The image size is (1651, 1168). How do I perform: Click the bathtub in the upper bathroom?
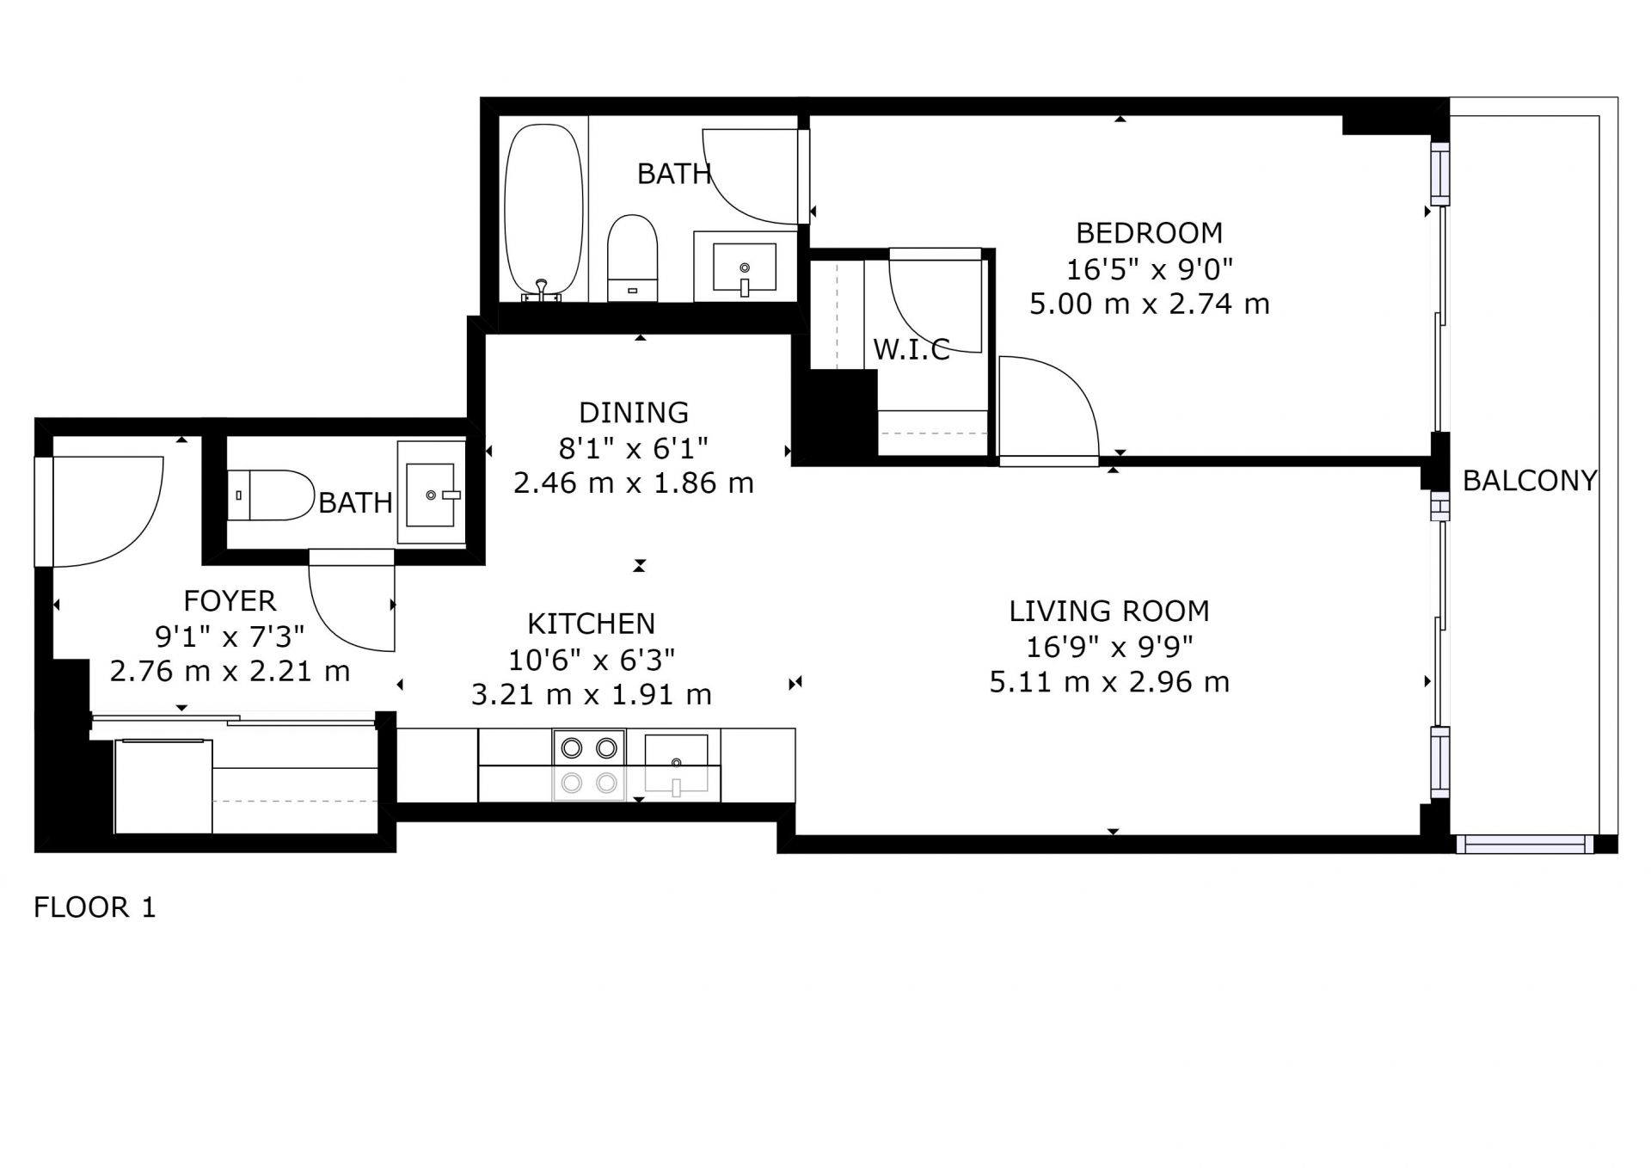pyautogui.click(x=543, y=212)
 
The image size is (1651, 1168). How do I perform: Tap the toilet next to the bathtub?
pyautogui.click(x=632, y=258)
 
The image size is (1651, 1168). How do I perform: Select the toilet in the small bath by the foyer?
pyautogui.click(x=271, y=495)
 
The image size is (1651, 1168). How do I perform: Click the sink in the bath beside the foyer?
pyautogui.click(x=430, y=495)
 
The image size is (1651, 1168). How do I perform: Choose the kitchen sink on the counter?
pyautogui.click(x=677, y=762)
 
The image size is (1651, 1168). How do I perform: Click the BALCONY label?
pyautogui.click(x=1530, y=480)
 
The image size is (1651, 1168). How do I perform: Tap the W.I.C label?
pyautogui.click(x=911, y=349)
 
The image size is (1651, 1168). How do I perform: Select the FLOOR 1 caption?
pyautogui.click(x=95, y=907)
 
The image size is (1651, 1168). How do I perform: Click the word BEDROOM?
pyautogui.click(x=1149, y=232)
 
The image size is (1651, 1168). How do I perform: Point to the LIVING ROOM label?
pyautogui.click(x=1109, y=611)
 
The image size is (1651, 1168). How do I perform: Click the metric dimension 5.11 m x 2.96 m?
pyautogui.click(x=1109, y=682)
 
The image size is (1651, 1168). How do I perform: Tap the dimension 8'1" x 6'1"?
pyautogui.click(x=634, y=448)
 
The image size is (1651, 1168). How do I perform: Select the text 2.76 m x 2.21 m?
pyautogui.click(x=230, y=671)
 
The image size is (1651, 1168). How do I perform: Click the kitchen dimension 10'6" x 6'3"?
pyautogui.click(x=592, y=660)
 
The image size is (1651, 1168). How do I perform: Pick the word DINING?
pyautogui.click(x=634, y=413)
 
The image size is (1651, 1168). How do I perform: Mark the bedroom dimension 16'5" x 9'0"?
pyautogui.click(x=1150, y=269)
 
